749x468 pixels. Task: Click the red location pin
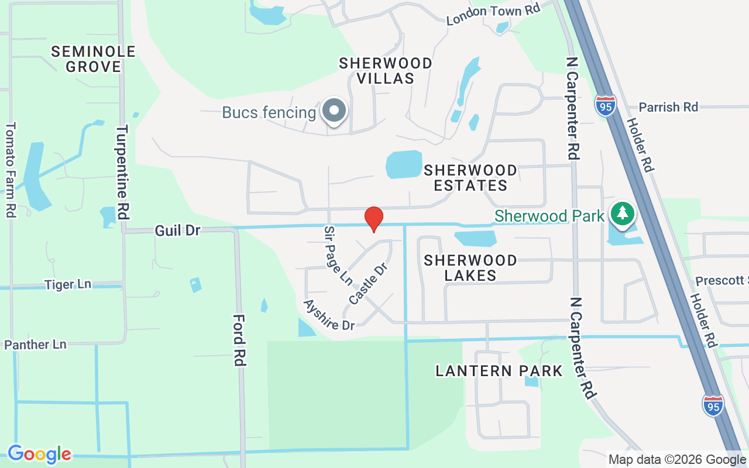pos(374,218)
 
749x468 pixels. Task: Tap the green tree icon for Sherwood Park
pos(622,214)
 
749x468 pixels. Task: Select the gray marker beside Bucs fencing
pos(335,111)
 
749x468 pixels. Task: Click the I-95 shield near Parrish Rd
pos(605,105)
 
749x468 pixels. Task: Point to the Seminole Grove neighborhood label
pos(94,59)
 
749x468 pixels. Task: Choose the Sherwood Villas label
pos(386,70)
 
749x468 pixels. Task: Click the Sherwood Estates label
pos(470,178)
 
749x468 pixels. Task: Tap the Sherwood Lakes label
pos(470,267)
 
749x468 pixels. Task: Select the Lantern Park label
pos(499,371)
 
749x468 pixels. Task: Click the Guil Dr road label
pos(177,230)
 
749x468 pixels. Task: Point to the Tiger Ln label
pos(68,285)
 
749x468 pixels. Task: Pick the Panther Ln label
pos(35,345)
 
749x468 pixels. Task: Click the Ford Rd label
pos(238,340)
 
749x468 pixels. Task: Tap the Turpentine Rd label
pos(122,172)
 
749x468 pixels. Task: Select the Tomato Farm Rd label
pos(10,170)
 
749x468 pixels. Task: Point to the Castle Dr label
pos(368,284)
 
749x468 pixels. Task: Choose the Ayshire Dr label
pos(329,315)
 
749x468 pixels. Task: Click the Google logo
pos(39,453)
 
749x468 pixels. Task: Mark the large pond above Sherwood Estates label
pos(404,164)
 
